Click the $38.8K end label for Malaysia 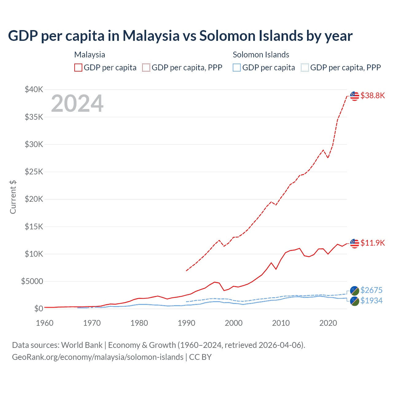[372, 95]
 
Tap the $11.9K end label [372, 243]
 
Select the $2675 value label [372, 290]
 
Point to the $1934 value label [372, 301]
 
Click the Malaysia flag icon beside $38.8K [355, 96]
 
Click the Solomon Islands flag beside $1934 [355, 301]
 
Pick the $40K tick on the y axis [34, 90]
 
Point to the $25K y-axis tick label [34, 172]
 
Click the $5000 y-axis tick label [32, 281]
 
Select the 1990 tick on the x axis [186, 323]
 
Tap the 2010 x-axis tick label [281, 323]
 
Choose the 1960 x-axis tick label [45, 323]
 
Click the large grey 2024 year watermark [77, 103]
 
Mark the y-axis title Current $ [13, 197]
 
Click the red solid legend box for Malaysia [78, 68]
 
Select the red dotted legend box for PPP [146, 68]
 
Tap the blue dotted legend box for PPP [305, 68]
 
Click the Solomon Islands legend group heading [261, 55]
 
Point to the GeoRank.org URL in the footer [98, 357]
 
